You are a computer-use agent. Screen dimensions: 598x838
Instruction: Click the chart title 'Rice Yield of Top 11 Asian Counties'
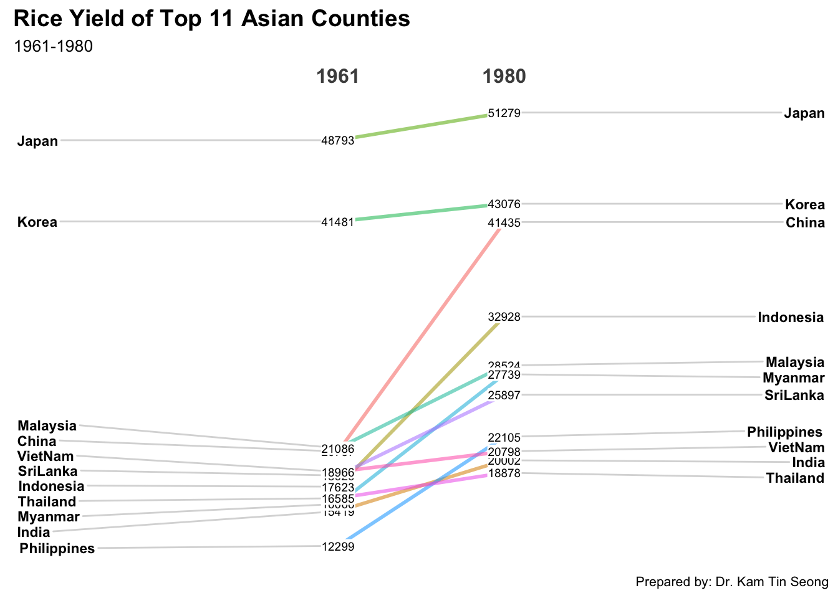coord(211,19)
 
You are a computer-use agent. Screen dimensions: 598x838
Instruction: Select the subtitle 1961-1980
coord(53,47)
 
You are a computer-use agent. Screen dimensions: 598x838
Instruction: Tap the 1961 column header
coord(338,77)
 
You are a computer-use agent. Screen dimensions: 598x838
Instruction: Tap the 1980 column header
coord(504,77)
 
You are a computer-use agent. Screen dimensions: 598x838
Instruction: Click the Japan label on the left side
coord(37,141)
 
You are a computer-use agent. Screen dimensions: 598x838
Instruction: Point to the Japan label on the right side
coord(804,113)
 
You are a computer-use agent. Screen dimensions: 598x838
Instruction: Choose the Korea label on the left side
coord(37,222)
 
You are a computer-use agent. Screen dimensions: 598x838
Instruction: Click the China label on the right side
coord(805,223)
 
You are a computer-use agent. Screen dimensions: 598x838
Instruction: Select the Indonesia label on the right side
coord(791,318)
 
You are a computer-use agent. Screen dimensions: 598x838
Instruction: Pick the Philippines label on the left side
coord(57,549)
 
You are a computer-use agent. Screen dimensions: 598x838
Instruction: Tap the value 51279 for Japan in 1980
coord(504,113)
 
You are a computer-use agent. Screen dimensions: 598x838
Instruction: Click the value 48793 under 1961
coord(338,141)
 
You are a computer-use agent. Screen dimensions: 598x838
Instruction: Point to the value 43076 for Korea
coord(504,204)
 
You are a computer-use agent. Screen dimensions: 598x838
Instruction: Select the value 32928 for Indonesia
coord(504,316)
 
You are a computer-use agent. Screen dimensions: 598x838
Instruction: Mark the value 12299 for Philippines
coord(338,546)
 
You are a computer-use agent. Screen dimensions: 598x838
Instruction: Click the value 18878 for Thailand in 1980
coord(504,473)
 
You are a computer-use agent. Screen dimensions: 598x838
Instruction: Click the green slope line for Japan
coord(421,126)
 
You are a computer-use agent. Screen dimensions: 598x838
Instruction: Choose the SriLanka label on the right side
coord(795,396)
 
